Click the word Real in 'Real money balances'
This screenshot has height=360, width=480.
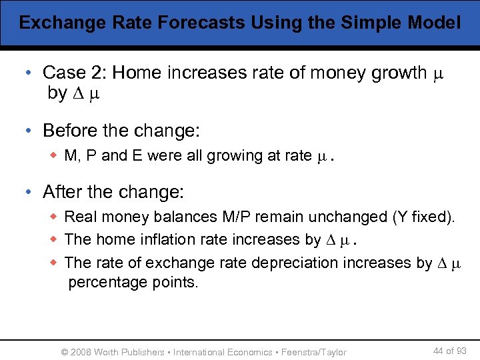[79, 217]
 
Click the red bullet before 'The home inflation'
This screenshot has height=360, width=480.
[56, 239]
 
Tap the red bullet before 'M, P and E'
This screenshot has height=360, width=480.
[56, 156]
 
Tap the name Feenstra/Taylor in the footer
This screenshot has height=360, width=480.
[315, 352]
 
